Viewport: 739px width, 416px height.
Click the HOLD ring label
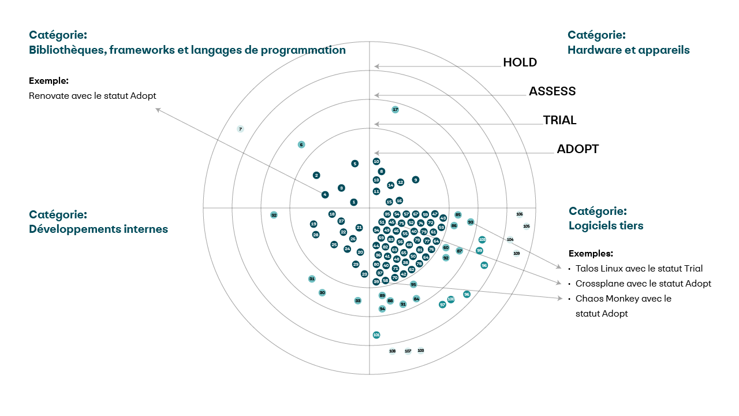(520, 62)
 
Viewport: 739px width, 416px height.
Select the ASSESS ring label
(552, 91)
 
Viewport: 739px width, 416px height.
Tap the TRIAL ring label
(559, 120)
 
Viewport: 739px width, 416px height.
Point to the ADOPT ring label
(577, 149)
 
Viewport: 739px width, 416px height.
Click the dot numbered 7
(240, 129)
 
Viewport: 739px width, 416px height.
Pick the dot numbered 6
(301, 144)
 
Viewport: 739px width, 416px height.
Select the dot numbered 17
(395, 109)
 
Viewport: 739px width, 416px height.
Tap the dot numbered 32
(274, 215)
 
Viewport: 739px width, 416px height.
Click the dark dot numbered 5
(354, 164)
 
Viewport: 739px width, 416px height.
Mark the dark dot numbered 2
(316, 175)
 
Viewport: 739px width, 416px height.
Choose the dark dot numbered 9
(416, 180)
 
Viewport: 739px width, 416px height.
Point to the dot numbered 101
(376, 335)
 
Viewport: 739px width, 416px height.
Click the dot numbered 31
(312, 278)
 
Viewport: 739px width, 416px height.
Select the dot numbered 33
(358, 300)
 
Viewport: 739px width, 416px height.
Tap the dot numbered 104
(510, 239)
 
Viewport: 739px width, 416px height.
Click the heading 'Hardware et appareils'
(628, 50)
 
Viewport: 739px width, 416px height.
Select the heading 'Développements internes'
(98, 229)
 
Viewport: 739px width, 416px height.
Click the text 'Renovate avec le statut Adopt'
(92, 96)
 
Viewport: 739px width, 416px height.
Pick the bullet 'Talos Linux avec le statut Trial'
(639, 269)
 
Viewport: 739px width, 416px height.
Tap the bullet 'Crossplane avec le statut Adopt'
(643, 284)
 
